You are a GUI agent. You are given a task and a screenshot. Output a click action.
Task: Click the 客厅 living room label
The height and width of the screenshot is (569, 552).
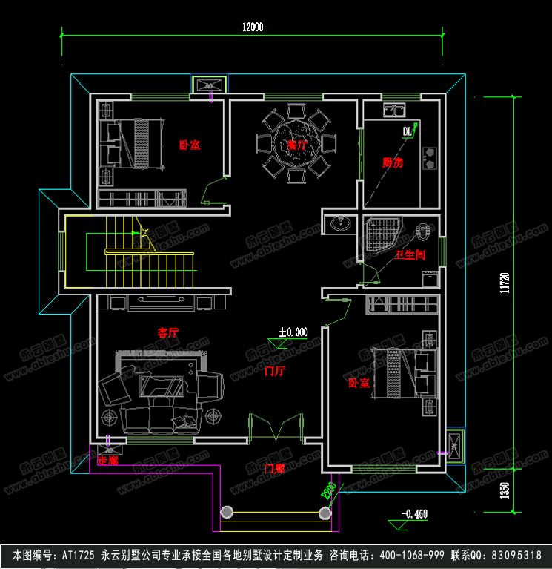coord(168,333)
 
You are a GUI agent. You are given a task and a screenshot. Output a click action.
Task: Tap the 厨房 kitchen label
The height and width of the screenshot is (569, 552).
coord(393,163)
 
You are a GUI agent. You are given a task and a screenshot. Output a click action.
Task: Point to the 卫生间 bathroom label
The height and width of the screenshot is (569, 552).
coord(409,255)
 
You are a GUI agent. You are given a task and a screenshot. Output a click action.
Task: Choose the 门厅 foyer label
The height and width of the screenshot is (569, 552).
coord(274,371)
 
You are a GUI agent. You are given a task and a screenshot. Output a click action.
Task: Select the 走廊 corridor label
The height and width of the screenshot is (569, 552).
coord(107,461)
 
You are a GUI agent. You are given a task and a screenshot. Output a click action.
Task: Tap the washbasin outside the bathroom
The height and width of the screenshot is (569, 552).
coord(341,223)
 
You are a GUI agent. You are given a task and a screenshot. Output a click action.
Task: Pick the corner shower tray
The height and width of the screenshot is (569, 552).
coord(383,235)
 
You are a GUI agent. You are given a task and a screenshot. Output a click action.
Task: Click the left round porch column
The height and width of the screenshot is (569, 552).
coord(226,512)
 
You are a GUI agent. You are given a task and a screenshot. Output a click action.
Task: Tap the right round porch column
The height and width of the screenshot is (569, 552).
coord(325,512)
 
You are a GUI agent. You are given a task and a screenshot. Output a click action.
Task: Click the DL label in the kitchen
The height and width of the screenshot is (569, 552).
coord(406,132)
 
